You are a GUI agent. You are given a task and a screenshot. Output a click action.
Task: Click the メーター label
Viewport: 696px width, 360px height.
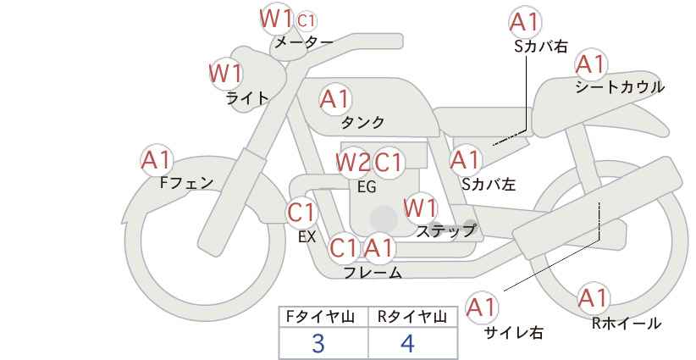click(304, 42)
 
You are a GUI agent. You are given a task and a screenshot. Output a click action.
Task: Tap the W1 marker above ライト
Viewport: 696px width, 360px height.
click(225, 73)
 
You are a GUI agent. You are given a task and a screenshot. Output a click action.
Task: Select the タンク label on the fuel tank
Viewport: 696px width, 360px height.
click(362, 122)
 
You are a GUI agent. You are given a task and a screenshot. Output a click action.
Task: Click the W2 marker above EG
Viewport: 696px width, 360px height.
click(353, 163)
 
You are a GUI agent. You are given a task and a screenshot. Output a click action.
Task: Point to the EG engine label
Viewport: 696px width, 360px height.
click(367, 187)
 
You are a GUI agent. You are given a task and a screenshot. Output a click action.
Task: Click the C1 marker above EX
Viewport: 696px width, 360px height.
click(301, 213)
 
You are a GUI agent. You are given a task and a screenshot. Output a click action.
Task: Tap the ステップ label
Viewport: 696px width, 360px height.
click(445, 231)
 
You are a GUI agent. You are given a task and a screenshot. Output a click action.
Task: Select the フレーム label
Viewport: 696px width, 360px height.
click(373, 272)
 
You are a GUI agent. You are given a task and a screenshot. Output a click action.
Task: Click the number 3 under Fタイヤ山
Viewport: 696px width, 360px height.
click(318, 343)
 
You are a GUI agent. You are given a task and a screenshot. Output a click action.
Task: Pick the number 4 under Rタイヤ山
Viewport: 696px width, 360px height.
click(407, 343)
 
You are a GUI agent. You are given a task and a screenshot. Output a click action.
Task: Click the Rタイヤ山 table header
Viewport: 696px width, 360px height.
click(412, 317)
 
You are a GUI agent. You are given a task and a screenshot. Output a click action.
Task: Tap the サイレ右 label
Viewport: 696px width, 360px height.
click(514, 332)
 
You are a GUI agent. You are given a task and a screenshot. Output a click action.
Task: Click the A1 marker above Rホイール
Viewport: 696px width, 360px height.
click(593, 298)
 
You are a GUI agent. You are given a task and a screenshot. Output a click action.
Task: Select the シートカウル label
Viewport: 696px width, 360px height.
click(620, 86)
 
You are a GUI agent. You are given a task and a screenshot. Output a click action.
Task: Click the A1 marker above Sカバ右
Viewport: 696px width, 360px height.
click(526, 22)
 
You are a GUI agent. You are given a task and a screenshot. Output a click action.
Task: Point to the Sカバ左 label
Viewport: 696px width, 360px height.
click(489, 184)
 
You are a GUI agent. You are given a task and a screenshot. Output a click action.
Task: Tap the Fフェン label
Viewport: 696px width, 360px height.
click(186, 182)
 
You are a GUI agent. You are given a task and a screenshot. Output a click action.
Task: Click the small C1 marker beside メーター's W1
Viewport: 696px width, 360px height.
click(307, 20)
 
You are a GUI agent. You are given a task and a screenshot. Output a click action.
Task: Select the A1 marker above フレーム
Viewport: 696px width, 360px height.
click(378, 248)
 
